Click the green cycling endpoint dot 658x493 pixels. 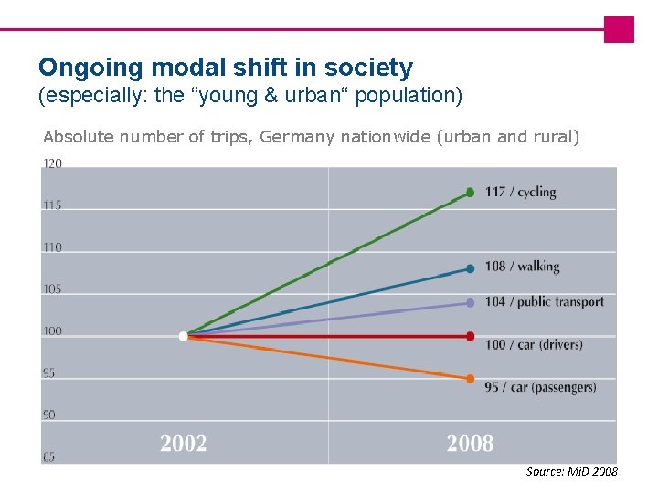[470, 193]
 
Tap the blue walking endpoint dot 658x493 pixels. [470, 268]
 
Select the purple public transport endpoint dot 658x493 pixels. [470, 302]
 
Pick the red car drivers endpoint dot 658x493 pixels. [470, 337]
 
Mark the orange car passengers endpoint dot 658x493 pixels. [470, 379]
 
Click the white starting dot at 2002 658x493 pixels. [183, 337]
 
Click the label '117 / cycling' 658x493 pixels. [520, 192]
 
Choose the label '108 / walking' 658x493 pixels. [522, 267]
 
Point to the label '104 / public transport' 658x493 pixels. [544, 302]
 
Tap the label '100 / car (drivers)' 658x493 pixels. [533, 345]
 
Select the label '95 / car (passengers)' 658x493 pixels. [540, 387]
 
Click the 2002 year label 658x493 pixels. [184, 444]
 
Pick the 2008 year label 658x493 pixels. [470, 444]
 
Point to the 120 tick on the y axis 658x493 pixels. [52, 164]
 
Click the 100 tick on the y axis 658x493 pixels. [52, 331]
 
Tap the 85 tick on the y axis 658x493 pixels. [48, 456]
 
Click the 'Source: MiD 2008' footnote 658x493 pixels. [571, 472]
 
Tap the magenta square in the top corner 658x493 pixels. [619, 29]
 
